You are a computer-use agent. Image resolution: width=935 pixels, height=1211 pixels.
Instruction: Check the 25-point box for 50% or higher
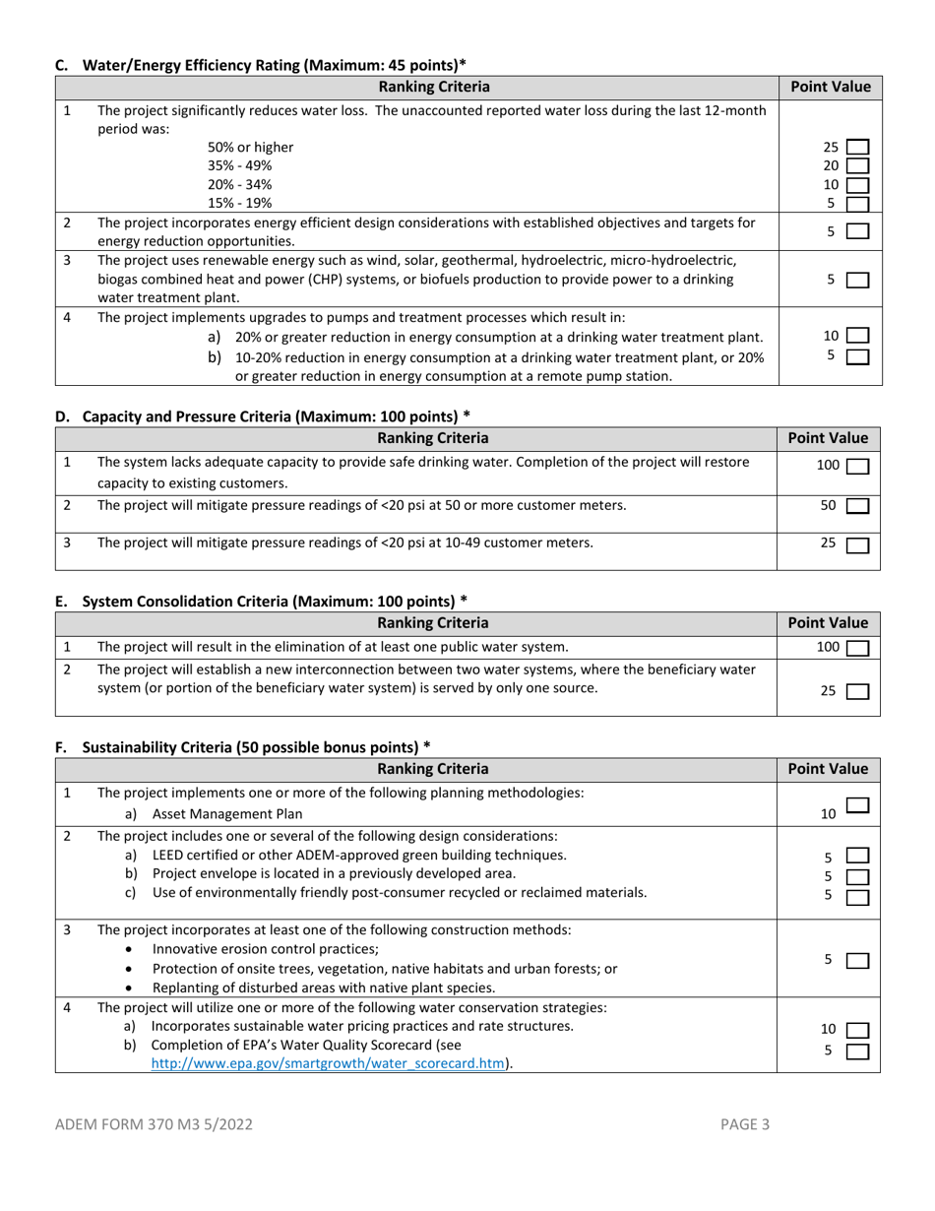coord(857,148)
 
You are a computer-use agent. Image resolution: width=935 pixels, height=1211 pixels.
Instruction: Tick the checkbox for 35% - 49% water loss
coord(857,166)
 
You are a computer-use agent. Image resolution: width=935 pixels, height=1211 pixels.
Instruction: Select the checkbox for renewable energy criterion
coord(857,280)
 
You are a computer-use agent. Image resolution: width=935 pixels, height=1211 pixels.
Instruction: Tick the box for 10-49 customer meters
coord(857,543)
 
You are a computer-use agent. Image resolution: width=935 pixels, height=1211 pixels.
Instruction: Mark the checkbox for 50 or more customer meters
coord(857,506)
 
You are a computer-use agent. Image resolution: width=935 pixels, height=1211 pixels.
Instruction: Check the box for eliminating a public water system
coord(857,648)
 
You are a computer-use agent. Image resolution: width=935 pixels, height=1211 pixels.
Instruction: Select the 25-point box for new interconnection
coord(857,691)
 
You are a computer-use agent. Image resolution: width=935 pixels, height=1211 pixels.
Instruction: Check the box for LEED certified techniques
coord(857,856)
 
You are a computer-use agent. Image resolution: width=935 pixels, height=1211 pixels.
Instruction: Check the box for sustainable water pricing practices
coord(857,1030)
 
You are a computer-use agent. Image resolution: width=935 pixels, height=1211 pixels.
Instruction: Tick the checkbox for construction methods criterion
coord(857,960)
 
